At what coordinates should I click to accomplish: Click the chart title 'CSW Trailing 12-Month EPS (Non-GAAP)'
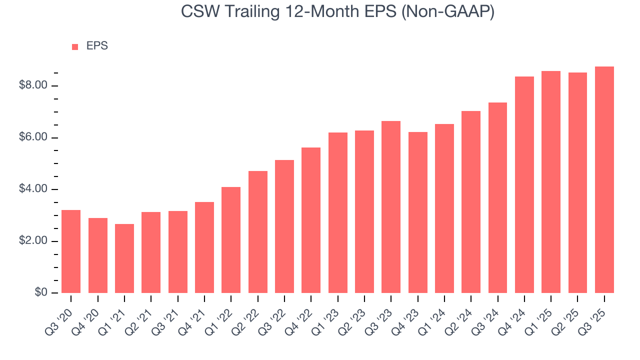(x=338, y=11)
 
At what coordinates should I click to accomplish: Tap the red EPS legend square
(x=75, y=46)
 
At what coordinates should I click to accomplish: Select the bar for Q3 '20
(x=71, y=251)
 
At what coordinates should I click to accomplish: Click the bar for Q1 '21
(x=124, y=258)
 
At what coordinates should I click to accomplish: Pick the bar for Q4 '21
(x=204, y=247)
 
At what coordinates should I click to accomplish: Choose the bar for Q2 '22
(x=257, y=232)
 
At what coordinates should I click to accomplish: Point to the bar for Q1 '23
(x=337, y=212)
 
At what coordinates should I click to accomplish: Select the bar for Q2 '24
(x=471, y=202)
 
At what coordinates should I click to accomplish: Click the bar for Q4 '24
(x=524, y=184)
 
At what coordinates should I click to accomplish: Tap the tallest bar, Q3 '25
(x=604, y=180)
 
